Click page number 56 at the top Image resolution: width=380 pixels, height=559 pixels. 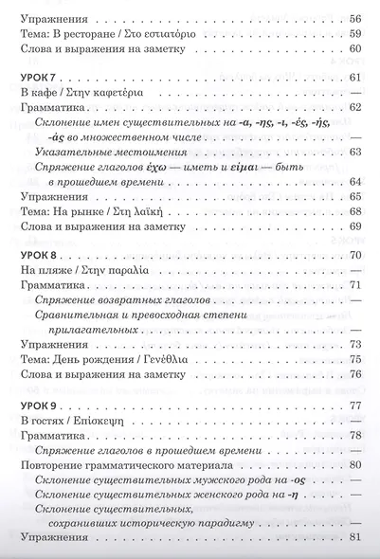click(x=353, y=18)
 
